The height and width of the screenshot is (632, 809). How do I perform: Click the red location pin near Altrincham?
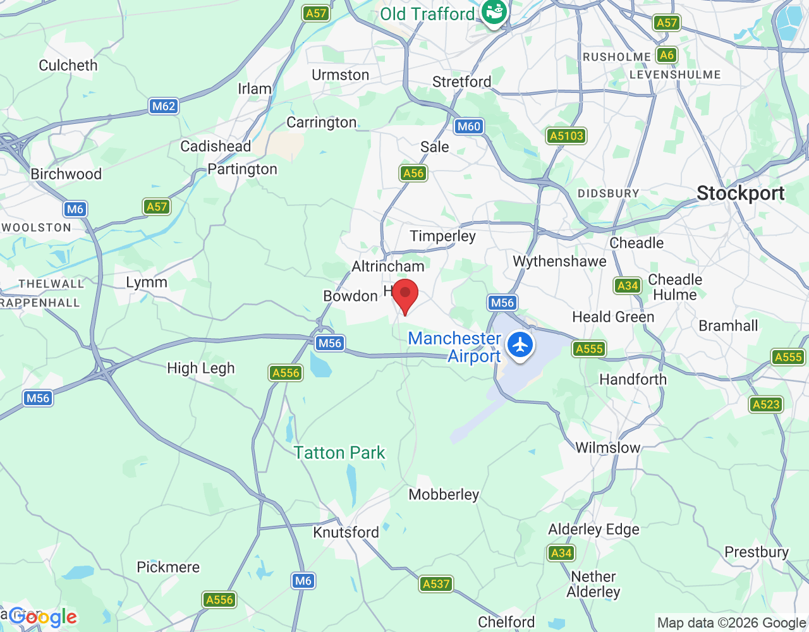(405, 294)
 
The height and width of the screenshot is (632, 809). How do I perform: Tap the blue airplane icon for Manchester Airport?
(520, 345)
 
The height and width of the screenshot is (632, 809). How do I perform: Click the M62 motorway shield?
(164, 106)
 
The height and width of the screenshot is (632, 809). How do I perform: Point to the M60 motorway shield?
(469, 126)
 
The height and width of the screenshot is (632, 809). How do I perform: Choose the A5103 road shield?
(566, 136)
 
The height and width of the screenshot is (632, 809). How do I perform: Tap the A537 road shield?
(436, 584)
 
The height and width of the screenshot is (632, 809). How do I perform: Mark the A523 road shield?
(766, 404)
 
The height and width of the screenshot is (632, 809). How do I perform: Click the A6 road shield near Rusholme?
(666, 55)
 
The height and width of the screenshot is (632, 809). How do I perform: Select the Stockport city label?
(740, 193)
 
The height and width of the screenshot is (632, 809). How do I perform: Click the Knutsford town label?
(346, 532)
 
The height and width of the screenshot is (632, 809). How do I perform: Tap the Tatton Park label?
(339, 453)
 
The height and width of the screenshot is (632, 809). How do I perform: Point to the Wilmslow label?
(608, 447)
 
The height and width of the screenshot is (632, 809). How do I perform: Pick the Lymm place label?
(147, 283)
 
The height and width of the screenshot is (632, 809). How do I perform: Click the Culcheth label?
(68, 66)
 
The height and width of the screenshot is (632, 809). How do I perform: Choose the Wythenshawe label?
(559, 261)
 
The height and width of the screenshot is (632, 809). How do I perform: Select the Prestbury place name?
(757, 552)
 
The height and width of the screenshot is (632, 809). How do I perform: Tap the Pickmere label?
(168, 567)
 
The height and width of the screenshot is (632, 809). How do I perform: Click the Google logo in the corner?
(43, 617)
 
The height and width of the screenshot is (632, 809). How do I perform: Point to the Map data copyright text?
(731, 623)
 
